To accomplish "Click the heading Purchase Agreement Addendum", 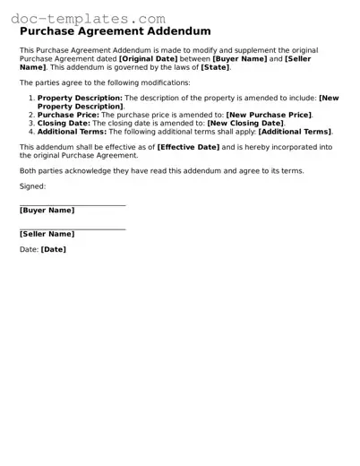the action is coord(115,32).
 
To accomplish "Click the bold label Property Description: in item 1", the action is coord(80,97).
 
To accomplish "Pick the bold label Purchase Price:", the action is coord(68,115).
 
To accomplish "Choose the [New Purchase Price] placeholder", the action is coord(268,115).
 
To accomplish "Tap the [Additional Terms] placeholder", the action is coord(295,131).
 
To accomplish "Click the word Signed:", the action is coord(32,186).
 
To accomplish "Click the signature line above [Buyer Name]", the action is coord(73,205).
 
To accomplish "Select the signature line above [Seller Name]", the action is coord(73,229).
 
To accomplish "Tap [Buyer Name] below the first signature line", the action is coord(47,211).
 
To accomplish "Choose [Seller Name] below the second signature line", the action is coord(47,234).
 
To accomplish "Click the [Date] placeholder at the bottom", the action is coord(54,250).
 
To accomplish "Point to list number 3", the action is coord(31,123).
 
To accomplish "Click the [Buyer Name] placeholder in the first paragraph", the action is coord(240,58).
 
